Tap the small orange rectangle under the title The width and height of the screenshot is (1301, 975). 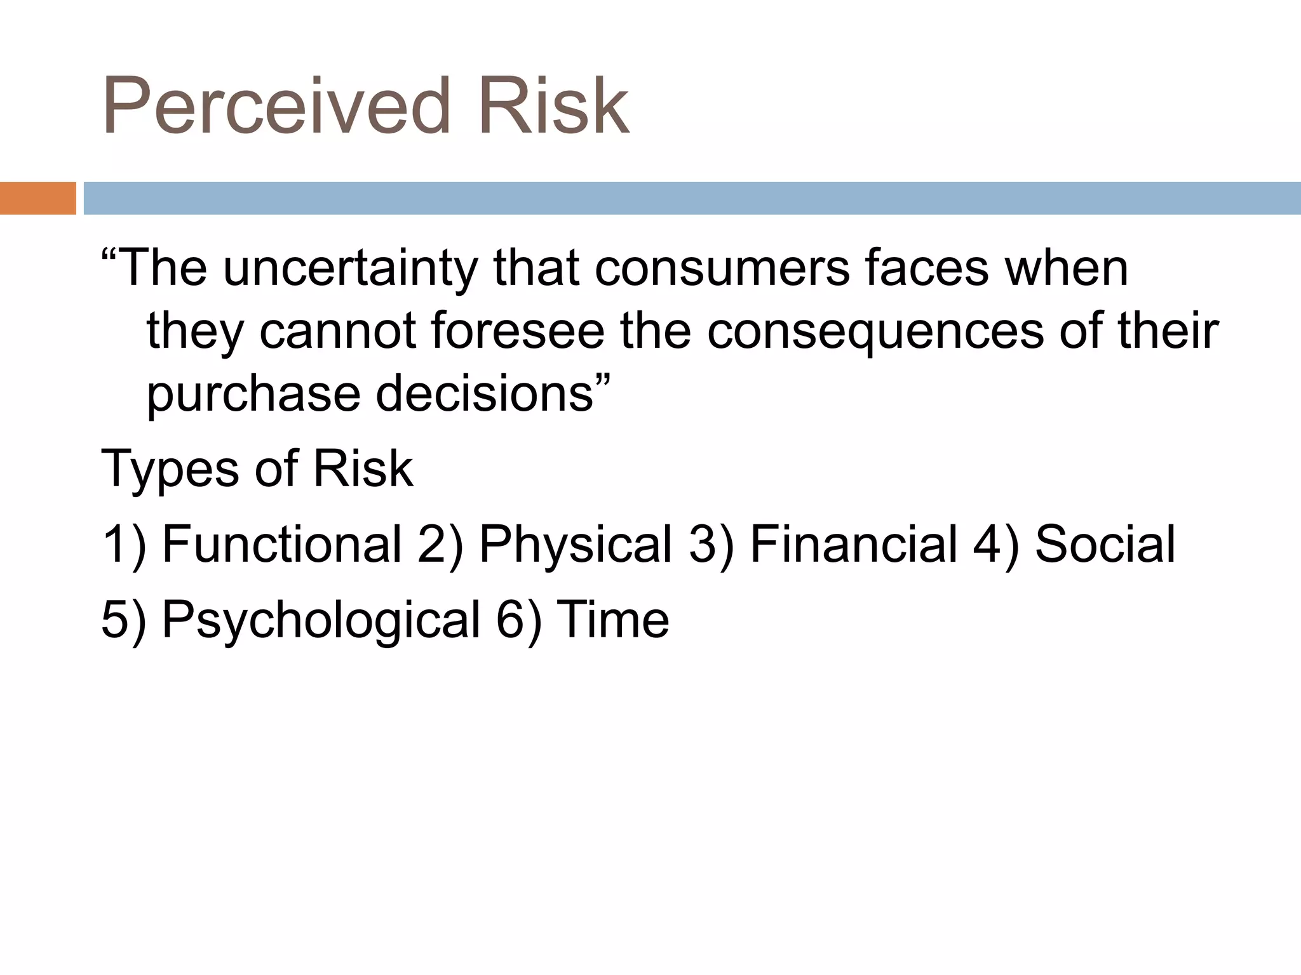37,198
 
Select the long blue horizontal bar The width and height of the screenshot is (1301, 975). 692,198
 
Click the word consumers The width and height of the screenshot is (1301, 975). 722,269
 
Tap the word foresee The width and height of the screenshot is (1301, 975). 517,331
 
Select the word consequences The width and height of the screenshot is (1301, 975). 875,333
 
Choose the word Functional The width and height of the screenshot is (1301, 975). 281,544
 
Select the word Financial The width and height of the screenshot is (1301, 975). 853,544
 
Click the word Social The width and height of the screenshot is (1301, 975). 1105,544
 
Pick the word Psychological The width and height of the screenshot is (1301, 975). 321,620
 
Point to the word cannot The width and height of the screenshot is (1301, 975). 337,331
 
